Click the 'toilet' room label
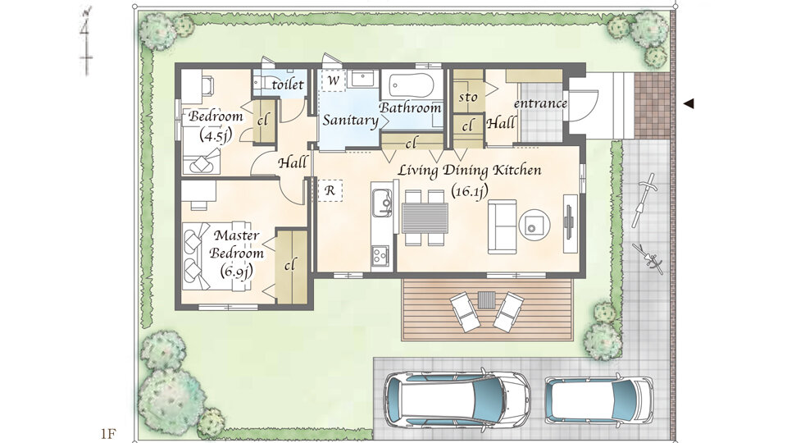point(288,84)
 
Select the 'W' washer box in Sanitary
point(334,81)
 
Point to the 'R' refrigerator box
point(330,191)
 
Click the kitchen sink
point(382,203)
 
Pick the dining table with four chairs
point(425,217)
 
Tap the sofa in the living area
point(503,226)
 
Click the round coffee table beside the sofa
point(534,225)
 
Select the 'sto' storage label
point(468,97)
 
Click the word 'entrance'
point(540,103)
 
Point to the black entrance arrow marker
point(689,104)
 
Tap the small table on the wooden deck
point(486,300)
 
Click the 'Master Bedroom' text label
point(236,244)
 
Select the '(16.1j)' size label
point(469,190)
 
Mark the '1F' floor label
point(108,433)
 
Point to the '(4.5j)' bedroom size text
point(215,135)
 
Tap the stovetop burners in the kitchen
point(380,255)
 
